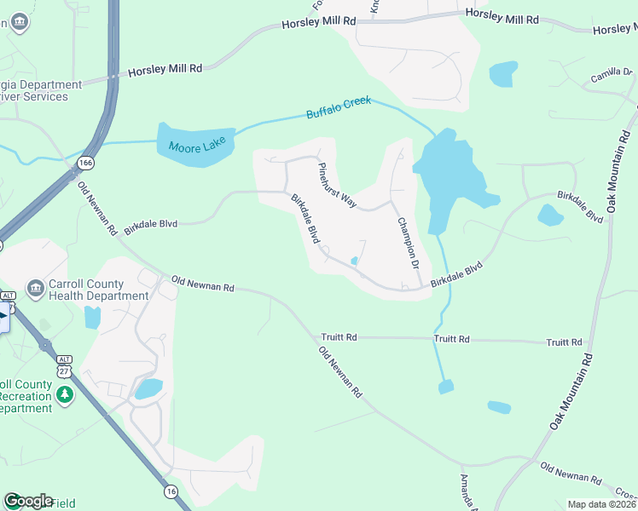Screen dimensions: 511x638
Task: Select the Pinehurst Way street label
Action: click(337, 184)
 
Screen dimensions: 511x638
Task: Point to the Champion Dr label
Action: click(409, 242)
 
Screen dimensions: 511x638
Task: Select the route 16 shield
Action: click(171, 491)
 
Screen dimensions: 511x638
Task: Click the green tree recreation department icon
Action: click(65, 396)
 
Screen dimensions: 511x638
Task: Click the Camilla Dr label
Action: click(610, 78)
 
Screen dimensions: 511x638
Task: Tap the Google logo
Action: click(27, 501)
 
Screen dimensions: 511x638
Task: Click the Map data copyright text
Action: click(601, 504)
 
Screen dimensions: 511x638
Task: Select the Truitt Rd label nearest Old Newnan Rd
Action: click(339, 337)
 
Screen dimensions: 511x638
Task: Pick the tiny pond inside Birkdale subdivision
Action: click(354, 261)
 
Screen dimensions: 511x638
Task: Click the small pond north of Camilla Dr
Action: click(503, 74)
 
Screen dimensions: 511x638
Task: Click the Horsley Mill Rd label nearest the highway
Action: click(165, 72)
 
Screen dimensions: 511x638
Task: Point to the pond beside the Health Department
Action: click(92, 318)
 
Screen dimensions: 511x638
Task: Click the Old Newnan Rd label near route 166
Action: click(96, 209)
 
